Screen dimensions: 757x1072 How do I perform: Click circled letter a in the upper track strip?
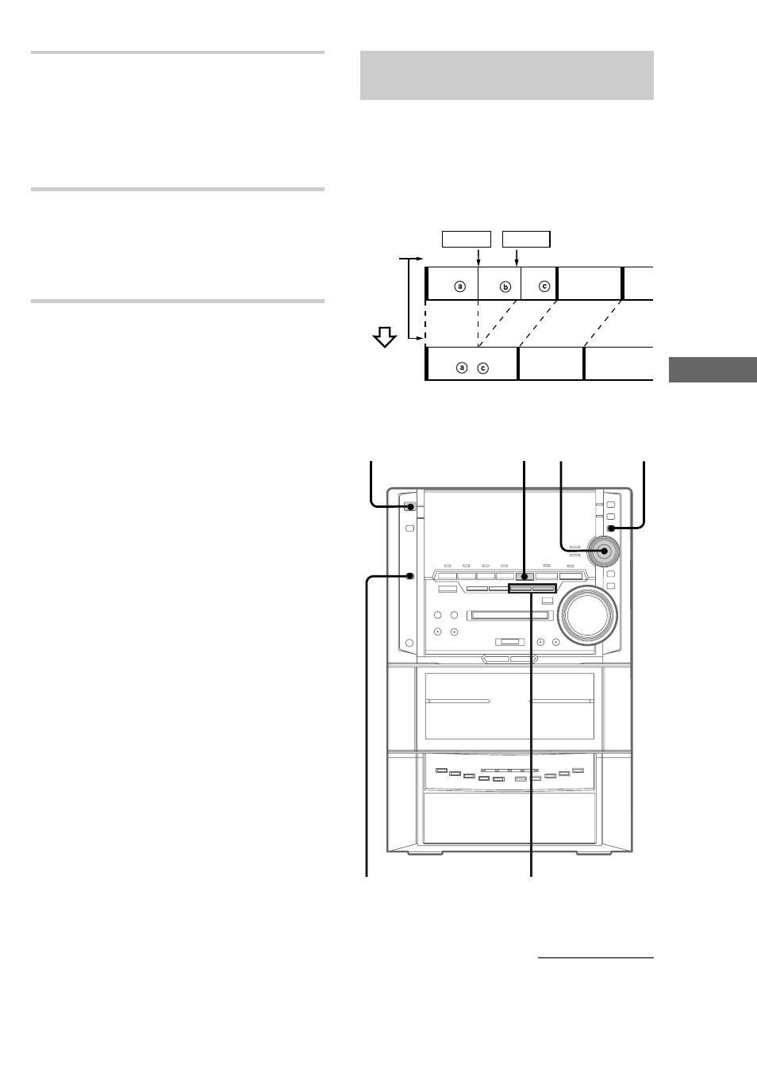460,286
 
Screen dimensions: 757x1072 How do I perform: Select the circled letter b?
505,286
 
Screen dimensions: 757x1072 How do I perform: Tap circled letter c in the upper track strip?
544,286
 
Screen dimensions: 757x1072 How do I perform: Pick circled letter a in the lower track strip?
462,367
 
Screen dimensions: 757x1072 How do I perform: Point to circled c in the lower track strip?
482,368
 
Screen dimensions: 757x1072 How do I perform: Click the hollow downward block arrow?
384,337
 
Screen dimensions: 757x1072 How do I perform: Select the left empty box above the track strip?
466,240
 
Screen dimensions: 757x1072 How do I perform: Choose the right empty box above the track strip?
526,240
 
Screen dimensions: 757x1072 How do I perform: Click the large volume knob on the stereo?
588,615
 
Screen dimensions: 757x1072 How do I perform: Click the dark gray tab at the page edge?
713,370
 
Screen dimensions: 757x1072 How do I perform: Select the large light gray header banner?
507,75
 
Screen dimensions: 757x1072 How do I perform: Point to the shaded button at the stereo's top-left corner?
409,506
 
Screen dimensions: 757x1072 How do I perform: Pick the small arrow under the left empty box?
478,257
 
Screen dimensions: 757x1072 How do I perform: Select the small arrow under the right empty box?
517,257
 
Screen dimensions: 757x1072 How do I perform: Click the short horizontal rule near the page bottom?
596,958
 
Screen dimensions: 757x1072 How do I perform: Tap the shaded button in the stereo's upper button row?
525,577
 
